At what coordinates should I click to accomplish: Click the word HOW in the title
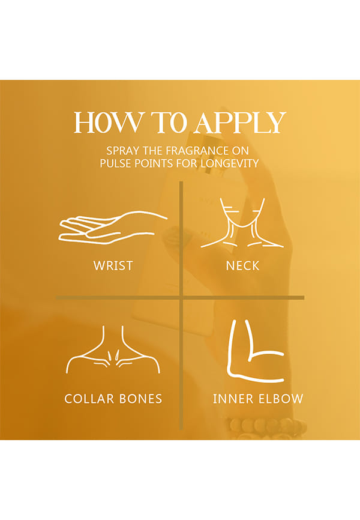[x=108, y=122]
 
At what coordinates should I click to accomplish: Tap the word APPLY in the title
[x=240, y=122]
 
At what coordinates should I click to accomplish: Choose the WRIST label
[x=113, y=265]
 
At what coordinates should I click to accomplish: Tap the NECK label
[x=242, y=265]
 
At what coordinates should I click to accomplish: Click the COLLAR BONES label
[x=113, y=399]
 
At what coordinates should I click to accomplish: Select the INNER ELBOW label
[x=258, y=399]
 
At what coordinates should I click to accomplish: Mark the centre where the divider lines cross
[x=181, y=297]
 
